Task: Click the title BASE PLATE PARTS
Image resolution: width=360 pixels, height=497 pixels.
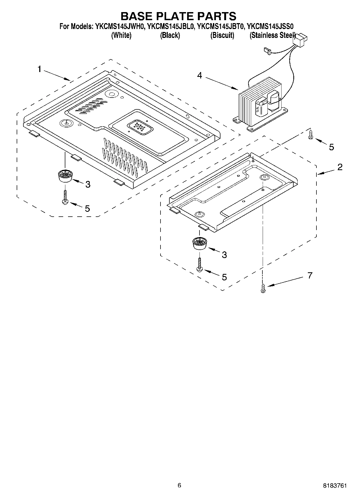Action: (x=178, y=16)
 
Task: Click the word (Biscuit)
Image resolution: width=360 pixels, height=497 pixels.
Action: (x=222, y=35)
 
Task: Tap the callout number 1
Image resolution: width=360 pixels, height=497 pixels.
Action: (x=39, y=69)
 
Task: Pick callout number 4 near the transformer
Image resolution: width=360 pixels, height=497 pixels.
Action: (x=199, y=76)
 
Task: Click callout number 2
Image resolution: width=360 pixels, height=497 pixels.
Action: (x=340, y=167)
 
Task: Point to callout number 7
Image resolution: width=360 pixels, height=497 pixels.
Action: (x=310, y=275)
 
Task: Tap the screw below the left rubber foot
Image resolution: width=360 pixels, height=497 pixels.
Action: (x=65, y=197)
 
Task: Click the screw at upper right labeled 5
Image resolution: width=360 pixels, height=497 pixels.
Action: (x=311, y=134)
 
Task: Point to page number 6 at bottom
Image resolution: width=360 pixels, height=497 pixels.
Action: (x=179, y=485)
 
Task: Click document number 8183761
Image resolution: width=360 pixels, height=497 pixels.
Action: (x=335, y=486)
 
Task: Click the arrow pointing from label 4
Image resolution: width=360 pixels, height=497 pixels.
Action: (x=222, y=82)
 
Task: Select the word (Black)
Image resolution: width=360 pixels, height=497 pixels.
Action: (x=170, y=35)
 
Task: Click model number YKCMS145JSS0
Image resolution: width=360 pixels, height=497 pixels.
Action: (x=270, y=27)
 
